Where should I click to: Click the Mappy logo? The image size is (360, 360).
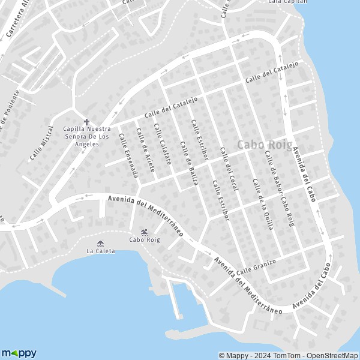(x=19, y=353)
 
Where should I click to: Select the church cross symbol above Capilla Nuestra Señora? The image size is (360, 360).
(x=86, y=121)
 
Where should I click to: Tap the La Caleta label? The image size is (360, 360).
(x=100, y=251)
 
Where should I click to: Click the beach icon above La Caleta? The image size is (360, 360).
(x=100, y=243)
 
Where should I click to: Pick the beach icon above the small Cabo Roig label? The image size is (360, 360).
(x=144, y=232)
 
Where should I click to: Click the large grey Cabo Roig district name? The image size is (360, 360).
(x=265, y=145)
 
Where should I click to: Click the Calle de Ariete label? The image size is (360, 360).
(x=145, y=150)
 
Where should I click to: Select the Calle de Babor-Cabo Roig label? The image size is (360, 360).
(x=280, y=188)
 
